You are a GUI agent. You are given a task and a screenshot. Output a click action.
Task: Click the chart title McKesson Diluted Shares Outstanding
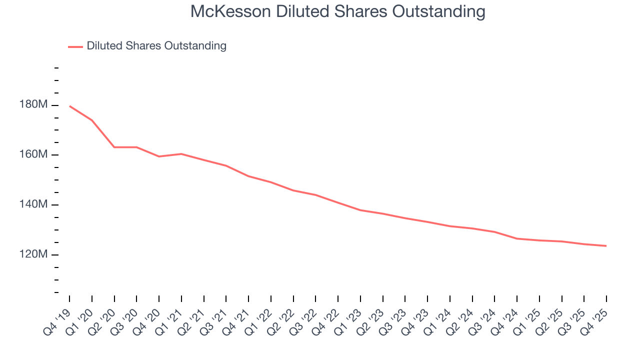[338, 11]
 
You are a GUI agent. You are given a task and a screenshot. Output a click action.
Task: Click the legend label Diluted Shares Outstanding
[156, 46]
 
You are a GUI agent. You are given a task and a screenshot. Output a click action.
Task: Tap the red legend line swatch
[75, 46]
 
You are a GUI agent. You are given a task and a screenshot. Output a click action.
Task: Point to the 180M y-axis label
[34, 105]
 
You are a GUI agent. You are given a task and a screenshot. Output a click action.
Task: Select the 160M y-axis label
[34, 155]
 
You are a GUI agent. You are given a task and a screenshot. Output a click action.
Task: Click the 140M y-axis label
[34, 205]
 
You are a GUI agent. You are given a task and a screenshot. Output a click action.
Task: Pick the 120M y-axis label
[34, 255]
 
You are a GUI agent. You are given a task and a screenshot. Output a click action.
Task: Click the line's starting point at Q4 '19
[69, 106]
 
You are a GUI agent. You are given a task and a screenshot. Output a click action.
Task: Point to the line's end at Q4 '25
[606, 246]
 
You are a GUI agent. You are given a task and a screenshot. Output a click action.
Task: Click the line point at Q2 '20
[114, 147]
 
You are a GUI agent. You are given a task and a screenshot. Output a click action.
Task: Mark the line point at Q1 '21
[181, 154]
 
